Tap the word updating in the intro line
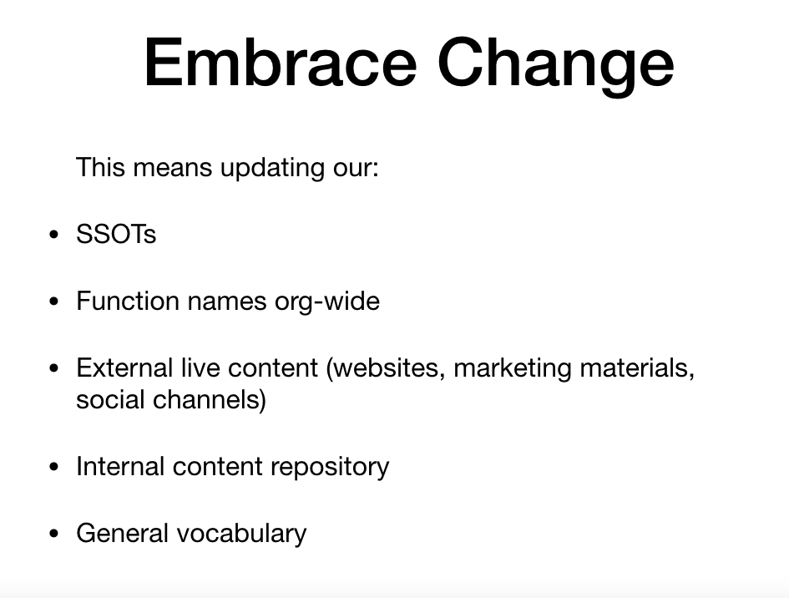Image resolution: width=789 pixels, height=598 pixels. pyautogui.click(x=272, y=168)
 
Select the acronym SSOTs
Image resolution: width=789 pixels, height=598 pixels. pyautogui.click(x=116, y=234)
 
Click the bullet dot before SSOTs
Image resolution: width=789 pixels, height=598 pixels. pyautogui.click(x=54, y=235)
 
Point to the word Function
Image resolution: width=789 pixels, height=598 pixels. pyautogui.click(x=128, y=301)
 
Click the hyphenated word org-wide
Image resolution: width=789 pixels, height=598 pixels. pyautogui.click(x=327, y=302)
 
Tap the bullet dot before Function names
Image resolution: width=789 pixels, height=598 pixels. pyautogui.click(x=54, y=302)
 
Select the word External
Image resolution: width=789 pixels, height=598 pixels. pyautogui.click(x=124, y=367)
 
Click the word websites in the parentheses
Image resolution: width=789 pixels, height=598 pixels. pyautogui.click(x=386, y=368)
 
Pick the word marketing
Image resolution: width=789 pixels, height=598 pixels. pyautogui.click(x=513, y=369)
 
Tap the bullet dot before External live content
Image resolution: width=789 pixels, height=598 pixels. pyautogui.click(x=54, y=368)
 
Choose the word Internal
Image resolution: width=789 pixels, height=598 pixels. pyautogui.click(x=120, y=466)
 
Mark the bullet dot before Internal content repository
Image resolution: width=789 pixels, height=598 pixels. pyautogui.click(x=54, y=467)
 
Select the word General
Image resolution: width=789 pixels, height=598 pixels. pyautogui.click(x=122, y=533)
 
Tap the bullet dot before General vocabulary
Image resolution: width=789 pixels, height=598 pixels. pyautogui.click(x=54, y=534)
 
